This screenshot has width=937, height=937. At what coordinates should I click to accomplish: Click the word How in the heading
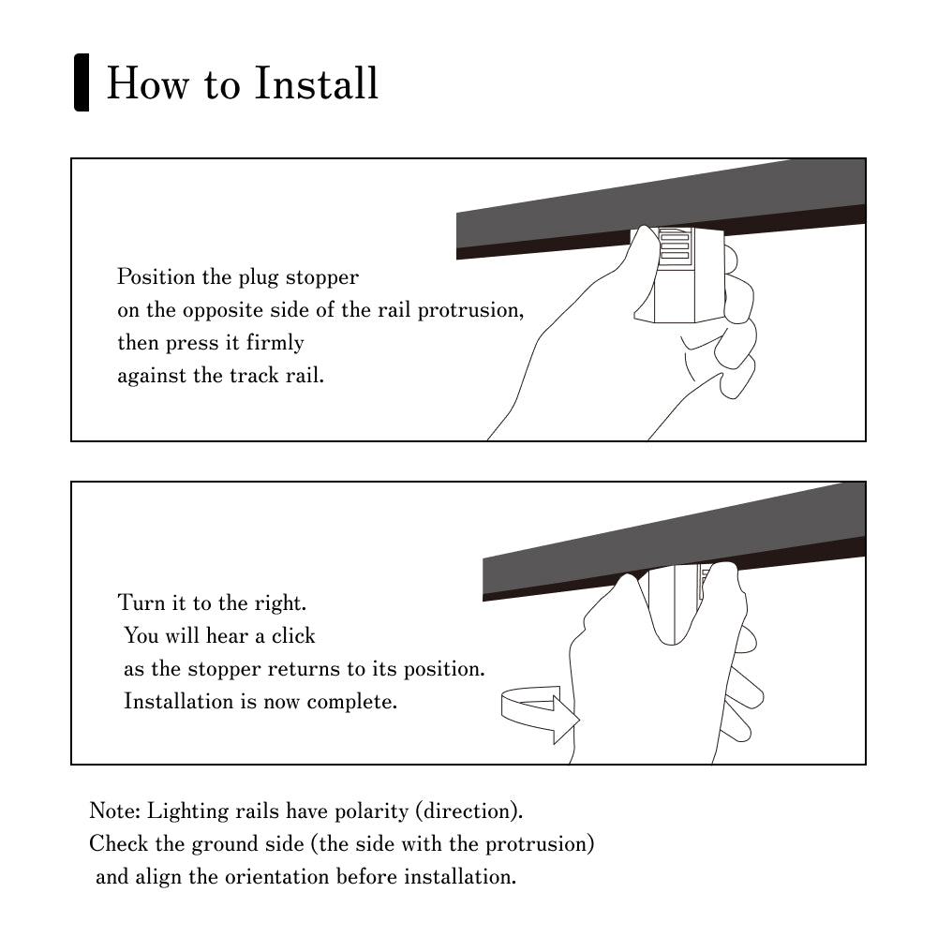point(139,83)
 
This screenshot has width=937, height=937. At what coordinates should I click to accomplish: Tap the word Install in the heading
point(317,83)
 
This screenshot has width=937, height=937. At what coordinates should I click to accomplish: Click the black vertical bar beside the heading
point(82,83)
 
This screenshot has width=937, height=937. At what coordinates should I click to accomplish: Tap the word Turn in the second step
point(141,602)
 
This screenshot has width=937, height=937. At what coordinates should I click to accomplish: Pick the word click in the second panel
point(293,636)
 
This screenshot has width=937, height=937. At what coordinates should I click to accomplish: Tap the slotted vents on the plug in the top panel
point(675,245)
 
